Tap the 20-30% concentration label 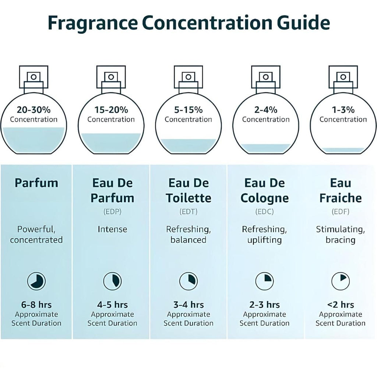pyautogui.click(x=34, y=110)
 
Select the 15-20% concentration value pyautogui.click(x=111, y=110)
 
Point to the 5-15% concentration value pyautogui.click(x=188, y=110)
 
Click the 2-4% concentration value pyautogui.click(x=265, y=110)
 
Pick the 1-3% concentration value pyautogui.click(x=343, y=110)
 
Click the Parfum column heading pyautogui.click(x=36, y=183)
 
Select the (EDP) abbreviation pyautogui.click(x=112, y=212)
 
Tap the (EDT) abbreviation pyautogui.click(x=188, y=212)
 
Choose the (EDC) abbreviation pyautogui.click(x=264, y=212)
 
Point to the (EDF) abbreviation pyautogui.click(x=341, y=212)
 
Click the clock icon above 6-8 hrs pyautogui.click(x=36, y=282)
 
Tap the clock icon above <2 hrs pyautogui.click(x=341, y=282)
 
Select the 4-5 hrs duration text pyautogui.click(x=112, y=305)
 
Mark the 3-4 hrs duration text pyautogui.click(x=188, y=305)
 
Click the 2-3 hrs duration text pyautogui.click(x=264, y=305)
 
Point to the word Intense pyautogui.click(x=112, y=229)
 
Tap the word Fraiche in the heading pyautogui.click(x=341, y=198)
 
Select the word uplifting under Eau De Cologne pyautogui.click(x=264, y=240)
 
